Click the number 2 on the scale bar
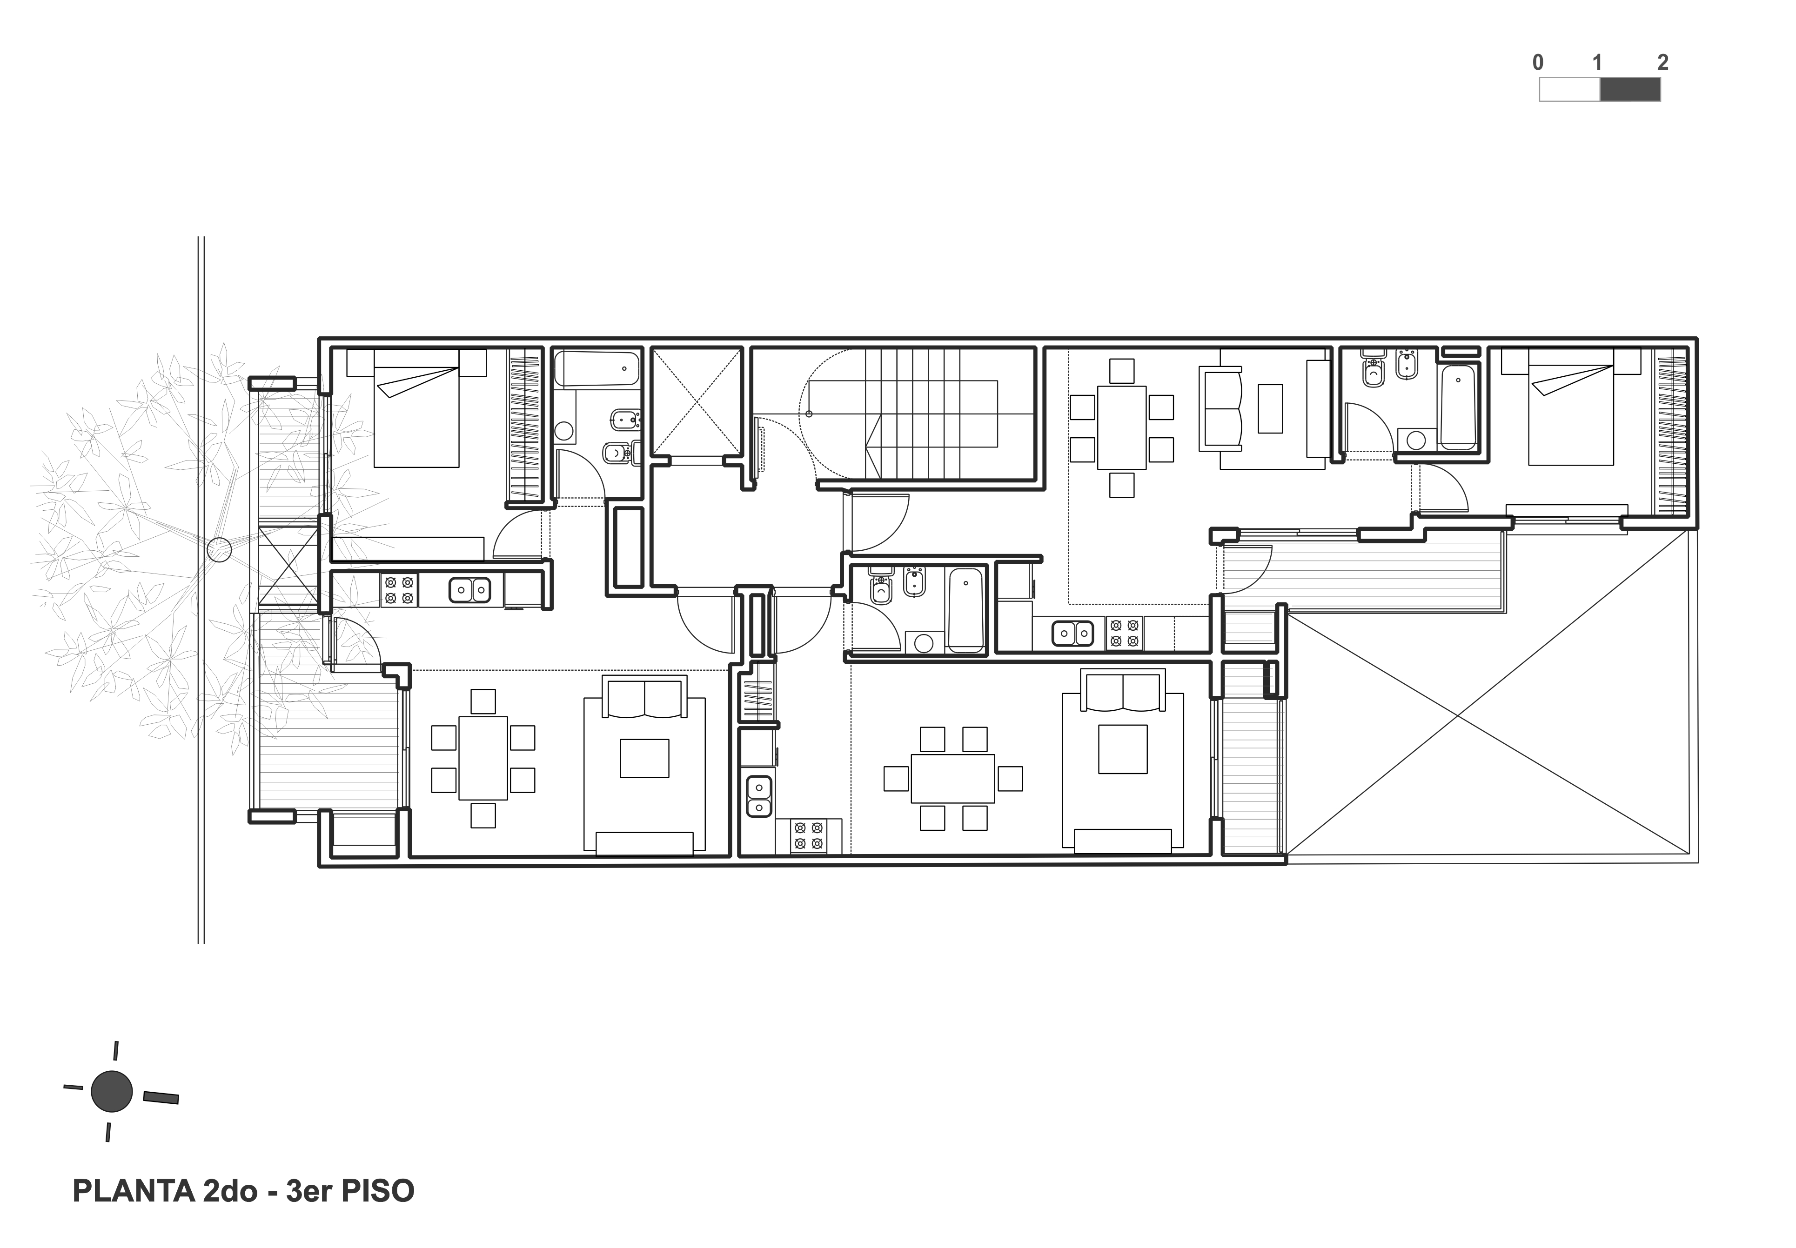point(1662,62)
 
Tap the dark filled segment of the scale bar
point(1630,90)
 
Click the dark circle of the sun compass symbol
point(112,1092)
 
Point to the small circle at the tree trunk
point(219,550)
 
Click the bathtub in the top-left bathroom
point(597,369)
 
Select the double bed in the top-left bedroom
point(416,408)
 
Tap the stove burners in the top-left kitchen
point(399,590)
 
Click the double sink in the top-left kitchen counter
point(469,590)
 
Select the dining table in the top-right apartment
point(1122,428)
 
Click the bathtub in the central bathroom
point(966,610)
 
